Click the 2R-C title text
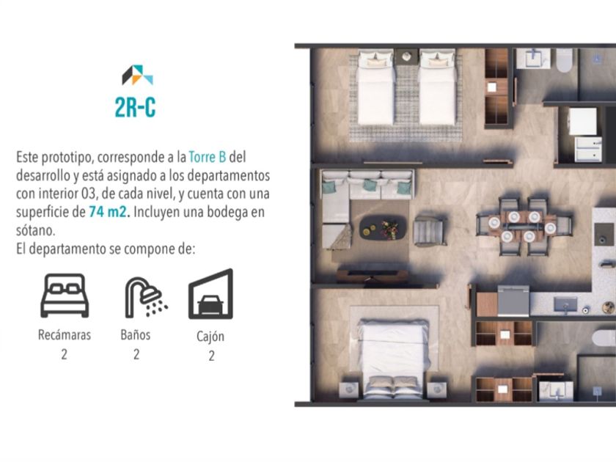pyautogui.click(x=135, y=107)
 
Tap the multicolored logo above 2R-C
pyautogui.click(x=137, y=75)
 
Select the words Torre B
pyautogui.click(x=208, y=157)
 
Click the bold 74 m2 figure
pyautogui.click(x=109, y=212)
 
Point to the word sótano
pyautogui.click(x=35, y=230)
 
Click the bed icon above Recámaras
pyautogui.click(x=65, y=296)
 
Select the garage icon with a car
pyautogui.click(x=211, y=294)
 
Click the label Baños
pyautogui.click(x=136, y=334)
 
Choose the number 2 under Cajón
pyautogui.click(x=211, y=356)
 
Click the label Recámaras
pyautogui.click(x=65, y=334)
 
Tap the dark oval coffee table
pyautogui.click(x=383, y=227)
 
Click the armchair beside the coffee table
pyautogui.click(x=429, y=232)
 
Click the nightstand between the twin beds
pyautogui.click(x=406, y=57)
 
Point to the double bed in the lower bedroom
pyautogui.click(x=394, y=359)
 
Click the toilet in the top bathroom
pyautogui.click(x=565, y=60)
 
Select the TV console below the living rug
pyautogui.click(x=373, y=276)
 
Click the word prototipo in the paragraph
pyautogui.click(x=67, y=158)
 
